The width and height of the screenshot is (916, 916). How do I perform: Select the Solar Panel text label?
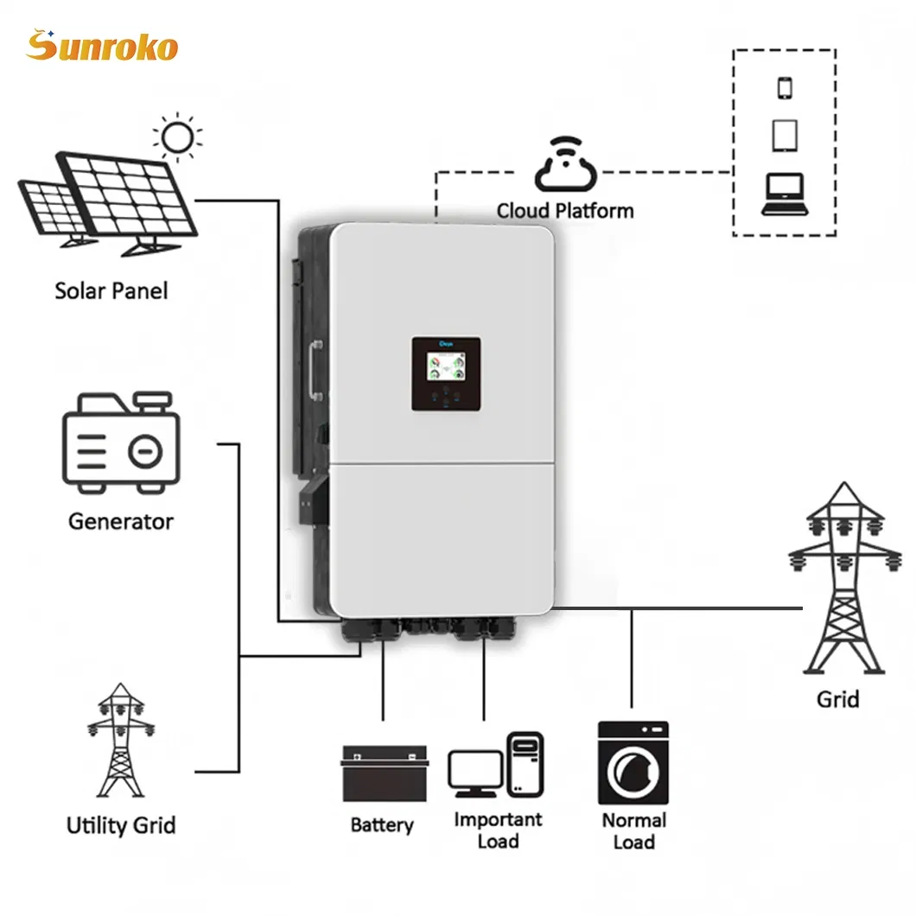point(111,290)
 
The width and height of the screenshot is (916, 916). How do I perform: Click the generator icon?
point(121,444)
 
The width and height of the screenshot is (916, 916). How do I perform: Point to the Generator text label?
point(121,521)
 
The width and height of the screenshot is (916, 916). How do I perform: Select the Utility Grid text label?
point(121,825)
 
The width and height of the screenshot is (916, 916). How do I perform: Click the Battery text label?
point(382,825)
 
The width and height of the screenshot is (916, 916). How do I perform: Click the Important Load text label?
point(498,830)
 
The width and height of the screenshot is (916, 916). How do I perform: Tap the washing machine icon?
point(633,765)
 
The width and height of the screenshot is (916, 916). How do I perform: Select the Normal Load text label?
point(633,830)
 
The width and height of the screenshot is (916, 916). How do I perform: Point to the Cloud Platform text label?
point(565,211)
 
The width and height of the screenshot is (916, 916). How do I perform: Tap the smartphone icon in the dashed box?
point(785,88)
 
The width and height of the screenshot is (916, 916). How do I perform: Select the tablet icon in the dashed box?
point(785,135)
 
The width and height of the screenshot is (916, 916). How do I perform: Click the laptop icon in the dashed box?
point(784,194)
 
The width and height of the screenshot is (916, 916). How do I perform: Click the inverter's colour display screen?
point(446,364)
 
